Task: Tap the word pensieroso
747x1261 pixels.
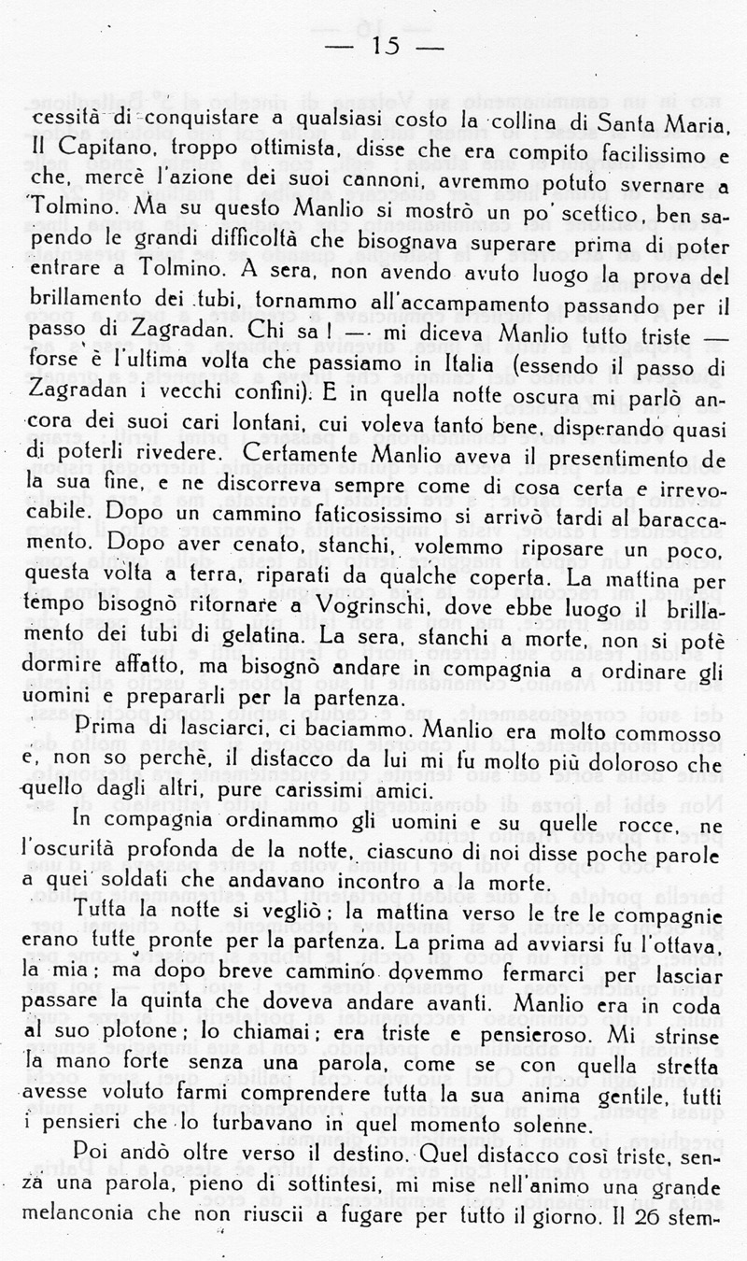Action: [536, 1039]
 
